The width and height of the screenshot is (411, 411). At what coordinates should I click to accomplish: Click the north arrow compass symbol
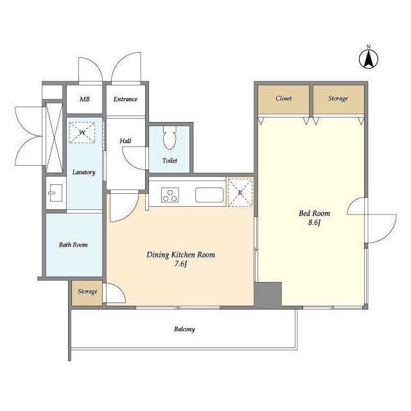click(x=368, y=58)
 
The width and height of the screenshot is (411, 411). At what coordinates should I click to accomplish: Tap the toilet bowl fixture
click(x=170, y=137)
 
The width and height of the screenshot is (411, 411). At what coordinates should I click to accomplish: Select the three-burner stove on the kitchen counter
click(x=170, y=195)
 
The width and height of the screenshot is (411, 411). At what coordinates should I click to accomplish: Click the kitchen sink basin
click(x=209, y=195)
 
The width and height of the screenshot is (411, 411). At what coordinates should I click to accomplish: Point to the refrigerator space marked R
click(x=240, y=193)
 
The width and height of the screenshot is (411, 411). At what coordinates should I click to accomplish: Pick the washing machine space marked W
click(x=82, y=133)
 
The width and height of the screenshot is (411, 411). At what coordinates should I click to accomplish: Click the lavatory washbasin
click(x=56, y=193)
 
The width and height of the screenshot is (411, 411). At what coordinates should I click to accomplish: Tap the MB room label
click(x=84, y=99)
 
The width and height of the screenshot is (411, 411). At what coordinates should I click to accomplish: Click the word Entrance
click(x=125, y=99)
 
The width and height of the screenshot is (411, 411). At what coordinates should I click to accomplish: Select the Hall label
click(x=125, y=141)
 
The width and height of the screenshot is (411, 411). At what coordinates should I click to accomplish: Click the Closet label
click(x=284, y=98)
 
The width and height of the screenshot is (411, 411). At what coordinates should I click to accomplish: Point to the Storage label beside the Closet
click(x=338, y=98)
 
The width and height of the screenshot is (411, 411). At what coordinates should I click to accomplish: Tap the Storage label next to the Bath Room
click(x=87, y=292)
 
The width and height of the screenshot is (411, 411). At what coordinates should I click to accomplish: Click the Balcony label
click(x=184, y=329)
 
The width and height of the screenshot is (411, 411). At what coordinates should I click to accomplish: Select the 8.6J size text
click(x=314, y=223)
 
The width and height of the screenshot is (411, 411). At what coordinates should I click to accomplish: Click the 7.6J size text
click(x=180, y=264)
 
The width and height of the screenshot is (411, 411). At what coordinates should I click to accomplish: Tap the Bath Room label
click(x=73, y=245)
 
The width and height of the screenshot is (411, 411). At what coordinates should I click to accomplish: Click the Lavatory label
click(x=83, y=172)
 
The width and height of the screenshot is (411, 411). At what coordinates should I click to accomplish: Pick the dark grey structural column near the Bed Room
click(x=268, y=294)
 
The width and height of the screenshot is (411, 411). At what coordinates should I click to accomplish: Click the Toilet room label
click(x=170, y=161)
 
